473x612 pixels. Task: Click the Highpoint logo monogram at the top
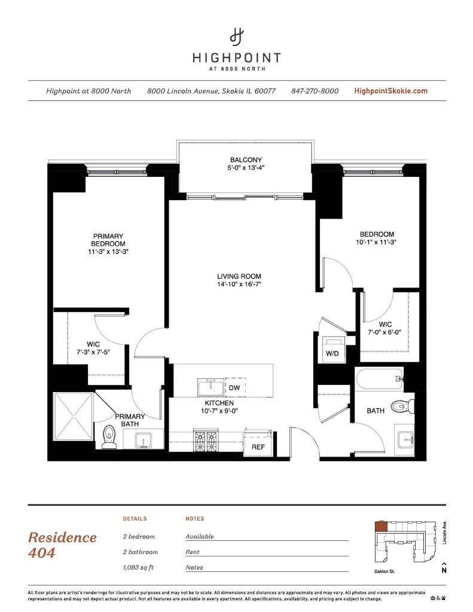236,36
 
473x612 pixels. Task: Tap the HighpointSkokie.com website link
390,91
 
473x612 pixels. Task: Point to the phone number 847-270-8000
315,91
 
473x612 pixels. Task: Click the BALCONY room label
246,160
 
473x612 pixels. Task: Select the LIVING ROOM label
239,276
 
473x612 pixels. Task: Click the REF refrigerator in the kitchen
258,444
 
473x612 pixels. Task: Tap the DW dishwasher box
235,387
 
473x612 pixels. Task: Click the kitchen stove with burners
206,440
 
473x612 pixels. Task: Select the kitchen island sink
211,387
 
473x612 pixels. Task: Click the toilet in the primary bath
109,436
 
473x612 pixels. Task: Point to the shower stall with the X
74,416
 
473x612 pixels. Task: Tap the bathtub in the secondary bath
379,378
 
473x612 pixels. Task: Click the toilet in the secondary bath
402,406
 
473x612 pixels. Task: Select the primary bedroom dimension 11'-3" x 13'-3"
108,252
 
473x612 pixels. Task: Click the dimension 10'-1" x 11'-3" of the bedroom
376,242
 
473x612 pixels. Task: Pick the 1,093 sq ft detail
138,568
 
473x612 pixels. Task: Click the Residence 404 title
62,545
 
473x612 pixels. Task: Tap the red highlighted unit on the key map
381,527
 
